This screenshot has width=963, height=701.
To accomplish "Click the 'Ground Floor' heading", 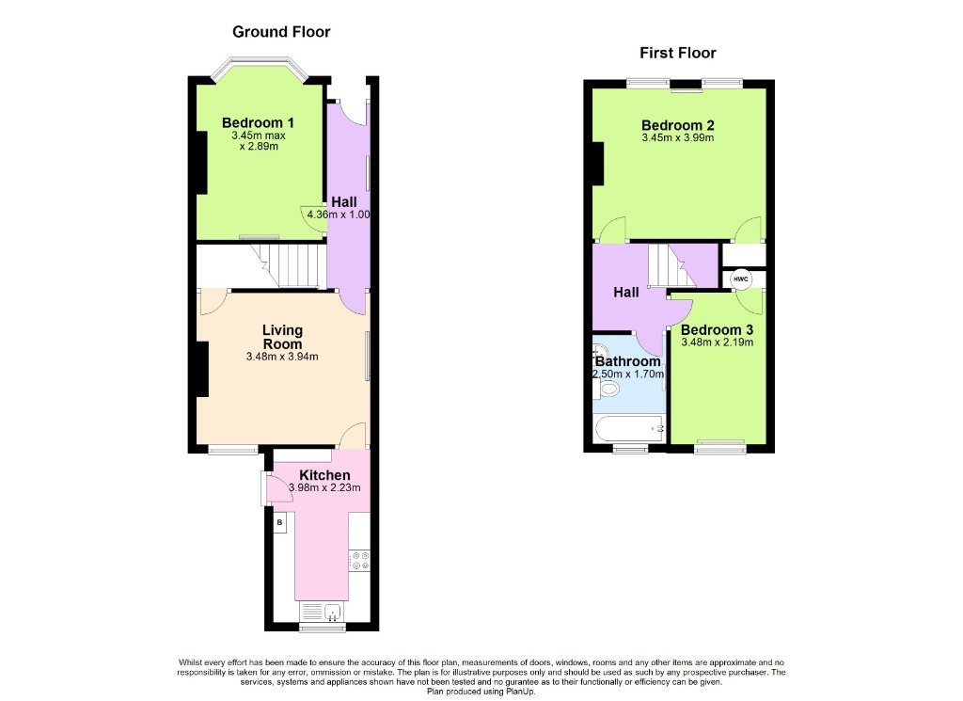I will tap(281, 32).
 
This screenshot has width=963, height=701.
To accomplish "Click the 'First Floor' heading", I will tap(677, 53).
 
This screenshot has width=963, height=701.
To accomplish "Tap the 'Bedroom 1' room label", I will tap(258, 122).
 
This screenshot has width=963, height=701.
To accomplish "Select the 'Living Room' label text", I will tap(282, 337).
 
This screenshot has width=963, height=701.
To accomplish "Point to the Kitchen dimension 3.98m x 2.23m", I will tap(324, 487).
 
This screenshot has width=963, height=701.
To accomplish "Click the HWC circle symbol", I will tap(740, 279).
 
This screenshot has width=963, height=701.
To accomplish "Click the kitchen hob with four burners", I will tap(359, 561).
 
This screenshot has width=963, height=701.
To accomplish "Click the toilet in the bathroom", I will tap(607, 388).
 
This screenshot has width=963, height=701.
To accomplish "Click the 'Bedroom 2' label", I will tap(677, 125).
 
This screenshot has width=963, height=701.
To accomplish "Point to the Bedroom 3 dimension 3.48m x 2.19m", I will tap(718, 343).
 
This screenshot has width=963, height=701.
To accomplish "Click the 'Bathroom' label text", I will tap(628, 361).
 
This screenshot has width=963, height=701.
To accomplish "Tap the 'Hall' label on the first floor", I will tap(626, 293).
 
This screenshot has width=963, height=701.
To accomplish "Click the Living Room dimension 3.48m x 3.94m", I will tap(282, 357).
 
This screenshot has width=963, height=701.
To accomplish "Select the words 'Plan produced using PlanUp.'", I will tap(481, 691).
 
